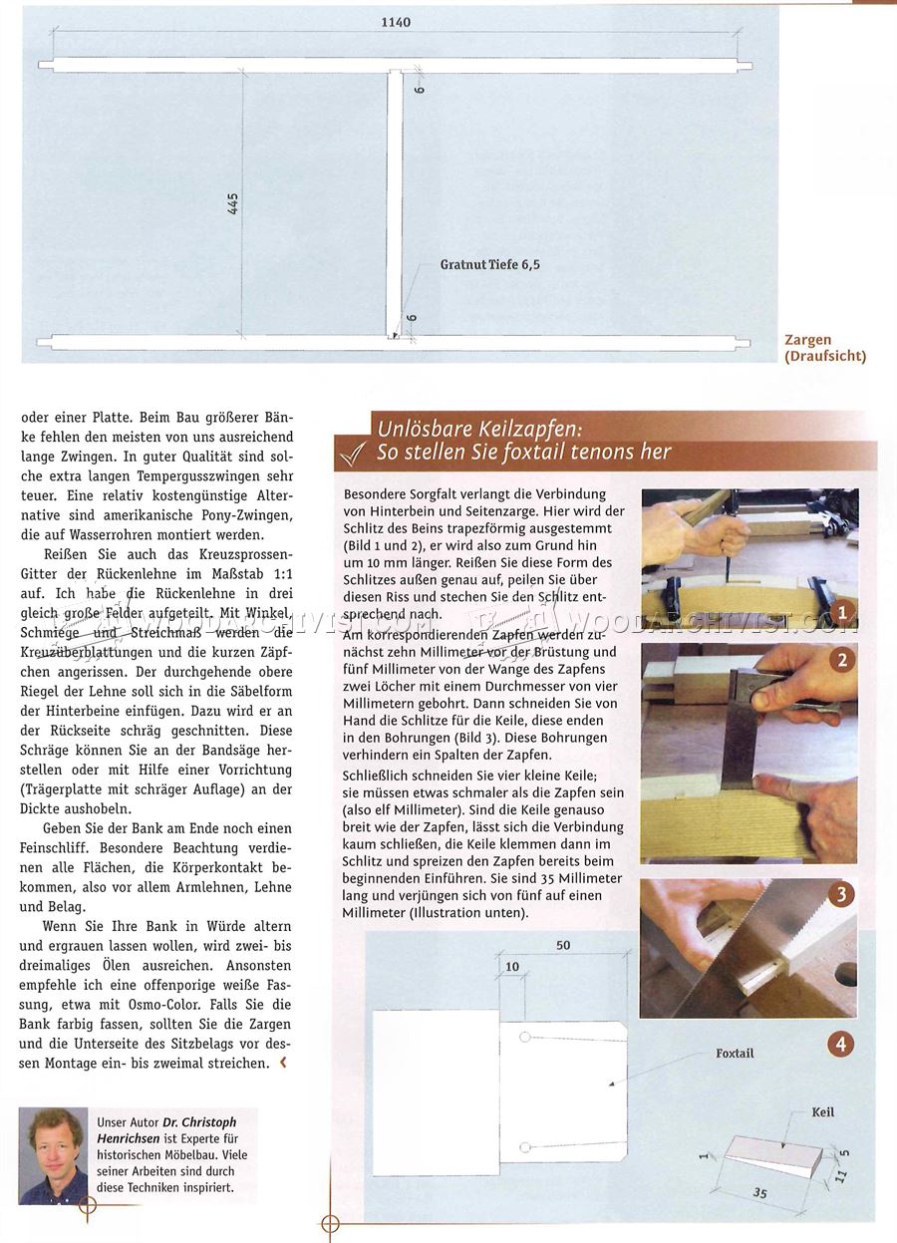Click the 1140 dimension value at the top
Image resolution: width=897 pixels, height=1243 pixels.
pyautogui.click(x=396, y=22)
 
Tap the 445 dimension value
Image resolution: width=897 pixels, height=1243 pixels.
pyautogui.click(x=233, y=203)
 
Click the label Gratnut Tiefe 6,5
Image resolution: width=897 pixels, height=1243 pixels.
pyautogui.click(x=489, y=265)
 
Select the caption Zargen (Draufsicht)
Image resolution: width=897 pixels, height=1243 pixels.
pyautogui.click(x=825, y=347)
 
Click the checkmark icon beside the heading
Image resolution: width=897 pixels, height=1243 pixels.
pyautogui.click(x=354, y=453)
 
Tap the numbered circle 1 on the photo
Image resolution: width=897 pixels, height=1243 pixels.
pyautogui.click(x=842, y=612)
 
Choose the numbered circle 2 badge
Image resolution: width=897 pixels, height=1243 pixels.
pyautogui.click(x=842, y=660)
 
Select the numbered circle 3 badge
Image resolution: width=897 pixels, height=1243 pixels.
pyautogui.click(x=841, y=894)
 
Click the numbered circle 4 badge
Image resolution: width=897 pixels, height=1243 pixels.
pyautogui.click(x=841, y=1045)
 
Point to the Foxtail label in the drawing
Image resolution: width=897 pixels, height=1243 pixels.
pyautogui.click(x=735, y=1054)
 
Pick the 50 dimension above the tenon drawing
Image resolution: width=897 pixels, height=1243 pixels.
pyautogui.click(x=563, y=945)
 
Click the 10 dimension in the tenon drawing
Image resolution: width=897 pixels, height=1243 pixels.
pyautogui.click(x=512, y=967)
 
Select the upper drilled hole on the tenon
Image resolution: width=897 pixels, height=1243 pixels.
pyautogui.click(x=524, y=1037)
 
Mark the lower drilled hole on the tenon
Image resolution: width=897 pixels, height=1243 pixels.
pyautogui.click(x=524, y=1147)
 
